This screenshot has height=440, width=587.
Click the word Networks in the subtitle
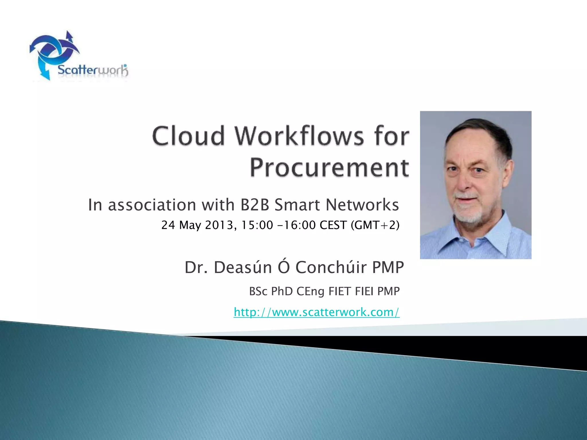362,205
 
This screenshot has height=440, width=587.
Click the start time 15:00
257,225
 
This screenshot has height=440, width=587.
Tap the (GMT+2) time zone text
375,225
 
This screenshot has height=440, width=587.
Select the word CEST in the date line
333,225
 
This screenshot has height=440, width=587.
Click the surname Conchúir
331,268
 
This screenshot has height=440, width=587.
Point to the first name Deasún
243,268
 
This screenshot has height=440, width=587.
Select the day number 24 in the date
168,225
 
